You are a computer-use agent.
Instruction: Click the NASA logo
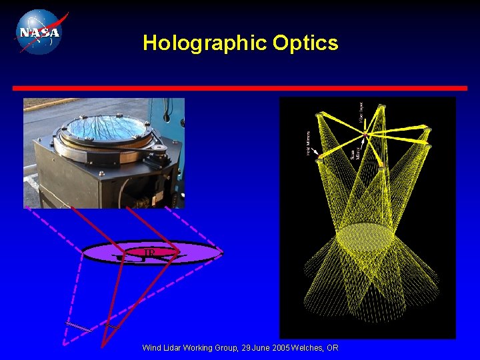coord(39,31)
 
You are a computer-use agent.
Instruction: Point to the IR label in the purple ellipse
coord(150,253)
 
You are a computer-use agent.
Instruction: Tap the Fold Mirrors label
coord(309,142)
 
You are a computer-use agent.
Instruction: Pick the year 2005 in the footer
coord(279,348)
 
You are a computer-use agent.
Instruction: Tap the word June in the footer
coord(258,348)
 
